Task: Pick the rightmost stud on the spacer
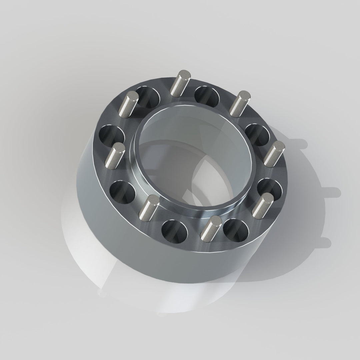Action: pos(274,153)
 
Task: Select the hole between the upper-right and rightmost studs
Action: pos(257,134)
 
